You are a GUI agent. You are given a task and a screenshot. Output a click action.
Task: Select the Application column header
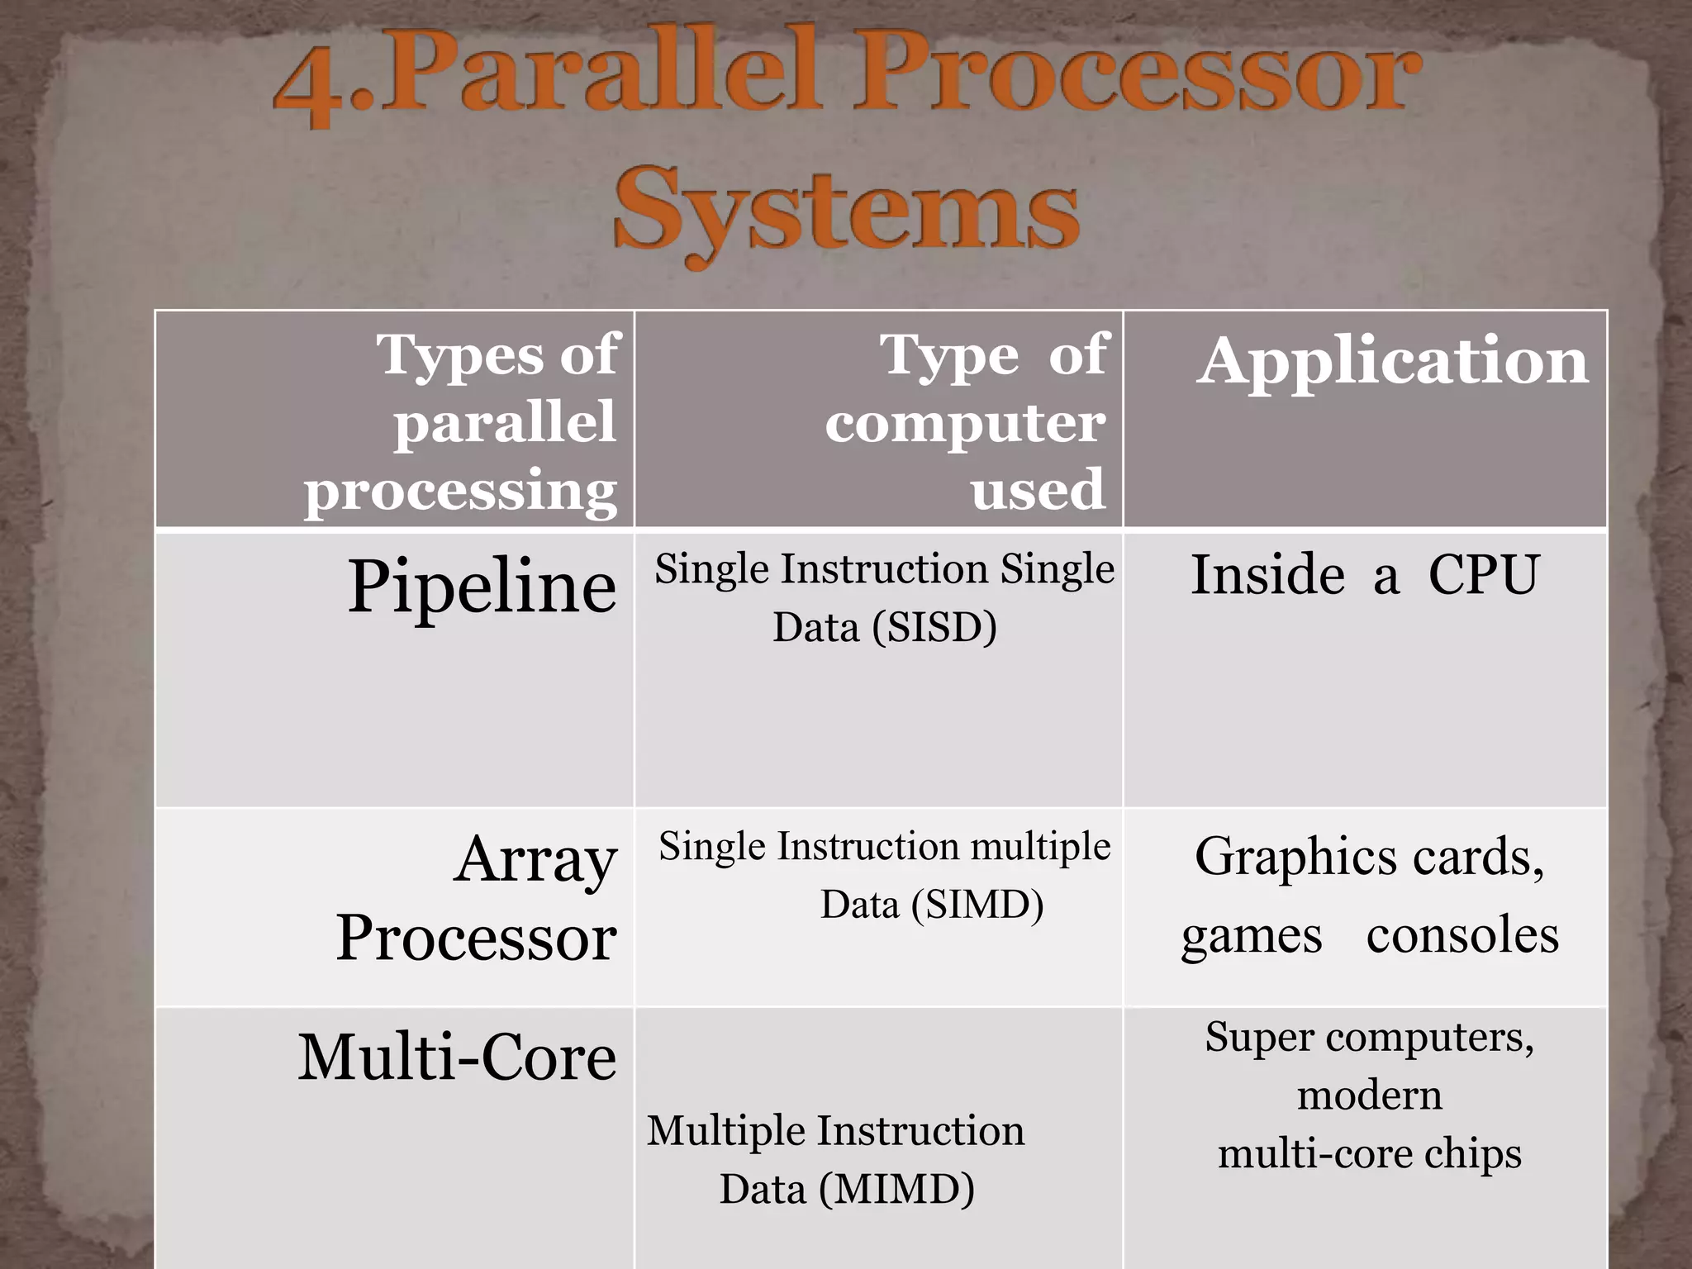(x=1392, y=361)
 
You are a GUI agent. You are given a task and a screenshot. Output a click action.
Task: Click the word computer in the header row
(x=964, y=423)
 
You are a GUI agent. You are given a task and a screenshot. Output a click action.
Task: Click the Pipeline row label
(x=482, y=586)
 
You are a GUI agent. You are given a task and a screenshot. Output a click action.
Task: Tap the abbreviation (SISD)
(x=934, y=627)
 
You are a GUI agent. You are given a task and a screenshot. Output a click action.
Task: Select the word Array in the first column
(x=535, y=860)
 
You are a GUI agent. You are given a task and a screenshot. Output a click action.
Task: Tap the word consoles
(x=1461, y=936)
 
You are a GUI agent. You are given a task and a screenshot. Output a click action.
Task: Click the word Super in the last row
(x=1258, y=1037)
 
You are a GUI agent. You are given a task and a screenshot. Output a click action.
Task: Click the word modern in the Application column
(x=1369, y=1096)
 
